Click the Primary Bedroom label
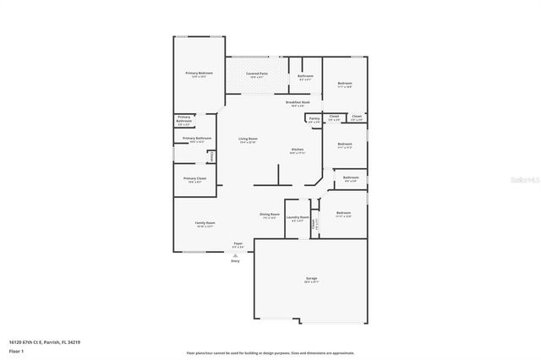tap(199, 74)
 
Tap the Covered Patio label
tap(258, 74)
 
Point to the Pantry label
tap(314, 118)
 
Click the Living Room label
tap(248, 139)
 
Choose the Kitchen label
tap(298, 150)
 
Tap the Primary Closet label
tap(195, 178)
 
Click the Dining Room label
tap(270, 215)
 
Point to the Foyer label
tap(238, 243)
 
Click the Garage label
tap(312, 278)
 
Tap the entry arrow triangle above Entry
tap(236, 253)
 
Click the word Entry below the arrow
tap(236, 260)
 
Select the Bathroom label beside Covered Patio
tap(305, 77)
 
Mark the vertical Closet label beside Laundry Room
tap(314, 224)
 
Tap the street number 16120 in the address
tap(16, 342)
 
